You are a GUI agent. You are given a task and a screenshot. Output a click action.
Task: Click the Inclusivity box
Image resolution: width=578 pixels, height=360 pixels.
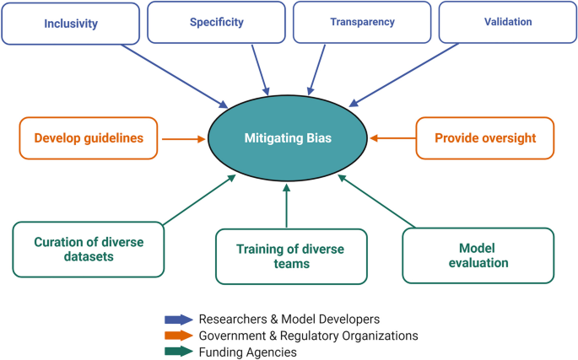[68, 22]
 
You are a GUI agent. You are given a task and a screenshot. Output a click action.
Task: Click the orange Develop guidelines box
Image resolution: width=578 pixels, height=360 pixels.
[88, 137]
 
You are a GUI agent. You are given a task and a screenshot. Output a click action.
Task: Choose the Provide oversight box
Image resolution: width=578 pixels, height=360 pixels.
[484, 137]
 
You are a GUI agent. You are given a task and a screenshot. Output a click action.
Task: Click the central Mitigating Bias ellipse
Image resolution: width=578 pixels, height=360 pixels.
[287, 137]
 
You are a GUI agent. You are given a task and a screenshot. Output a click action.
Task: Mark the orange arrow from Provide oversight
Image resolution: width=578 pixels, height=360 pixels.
[392, 137]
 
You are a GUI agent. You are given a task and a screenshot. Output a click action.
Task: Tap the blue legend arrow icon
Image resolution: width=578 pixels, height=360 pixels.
[178, 320]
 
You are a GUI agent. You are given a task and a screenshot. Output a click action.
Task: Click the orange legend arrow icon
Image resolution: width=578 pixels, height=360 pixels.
[178, 336]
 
